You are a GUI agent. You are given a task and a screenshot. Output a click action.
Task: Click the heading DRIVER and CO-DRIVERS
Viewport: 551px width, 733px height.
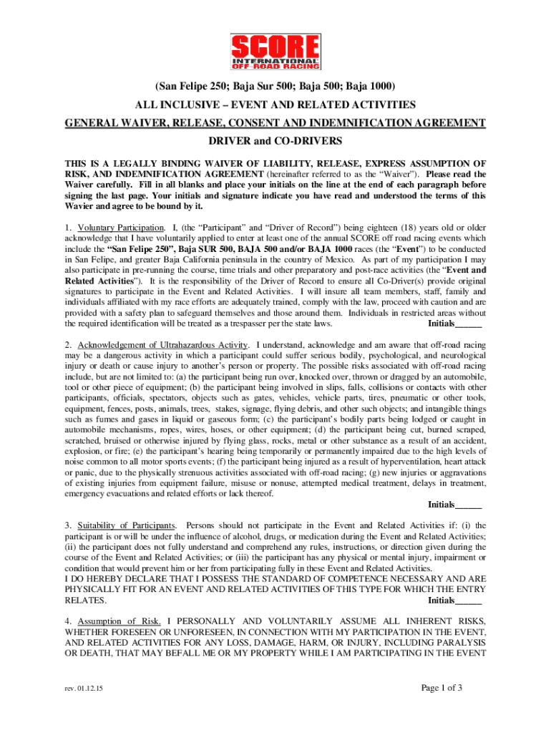pos(275,141)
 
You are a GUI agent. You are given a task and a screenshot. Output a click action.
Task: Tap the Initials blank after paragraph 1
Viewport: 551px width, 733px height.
pos(468,324)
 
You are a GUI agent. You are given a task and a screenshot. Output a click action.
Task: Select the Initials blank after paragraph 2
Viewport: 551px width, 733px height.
pos(468,505)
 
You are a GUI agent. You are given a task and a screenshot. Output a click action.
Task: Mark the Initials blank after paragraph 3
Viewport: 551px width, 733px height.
pos(468,600)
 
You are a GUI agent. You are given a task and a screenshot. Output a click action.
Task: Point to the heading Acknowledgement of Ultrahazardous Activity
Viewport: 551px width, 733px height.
pos(163,345)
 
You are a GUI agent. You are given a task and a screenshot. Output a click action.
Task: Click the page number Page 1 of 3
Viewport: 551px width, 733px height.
pos(442,689)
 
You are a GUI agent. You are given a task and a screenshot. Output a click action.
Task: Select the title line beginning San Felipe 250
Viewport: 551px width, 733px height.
pos(275,87)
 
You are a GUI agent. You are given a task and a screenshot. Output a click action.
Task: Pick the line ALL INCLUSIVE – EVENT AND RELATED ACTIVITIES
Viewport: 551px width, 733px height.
pos(275,105)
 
